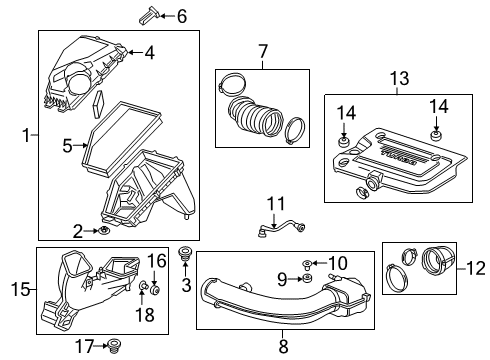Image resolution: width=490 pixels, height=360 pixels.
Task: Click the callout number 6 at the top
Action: (x=181, y=15)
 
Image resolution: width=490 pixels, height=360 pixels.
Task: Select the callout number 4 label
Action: (x=148, y=52)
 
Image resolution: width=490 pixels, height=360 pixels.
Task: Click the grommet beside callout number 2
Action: (x=104, y=231)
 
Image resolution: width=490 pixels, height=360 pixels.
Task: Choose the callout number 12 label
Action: (x=475, y=267)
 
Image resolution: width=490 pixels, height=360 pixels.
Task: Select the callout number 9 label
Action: (x=281, y=277)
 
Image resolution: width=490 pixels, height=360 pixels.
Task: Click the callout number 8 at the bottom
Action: (x=283, y=347)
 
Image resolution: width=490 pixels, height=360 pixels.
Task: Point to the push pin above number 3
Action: (x=184, y=255)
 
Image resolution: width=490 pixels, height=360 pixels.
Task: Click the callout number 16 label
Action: (x=155, y=261)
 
